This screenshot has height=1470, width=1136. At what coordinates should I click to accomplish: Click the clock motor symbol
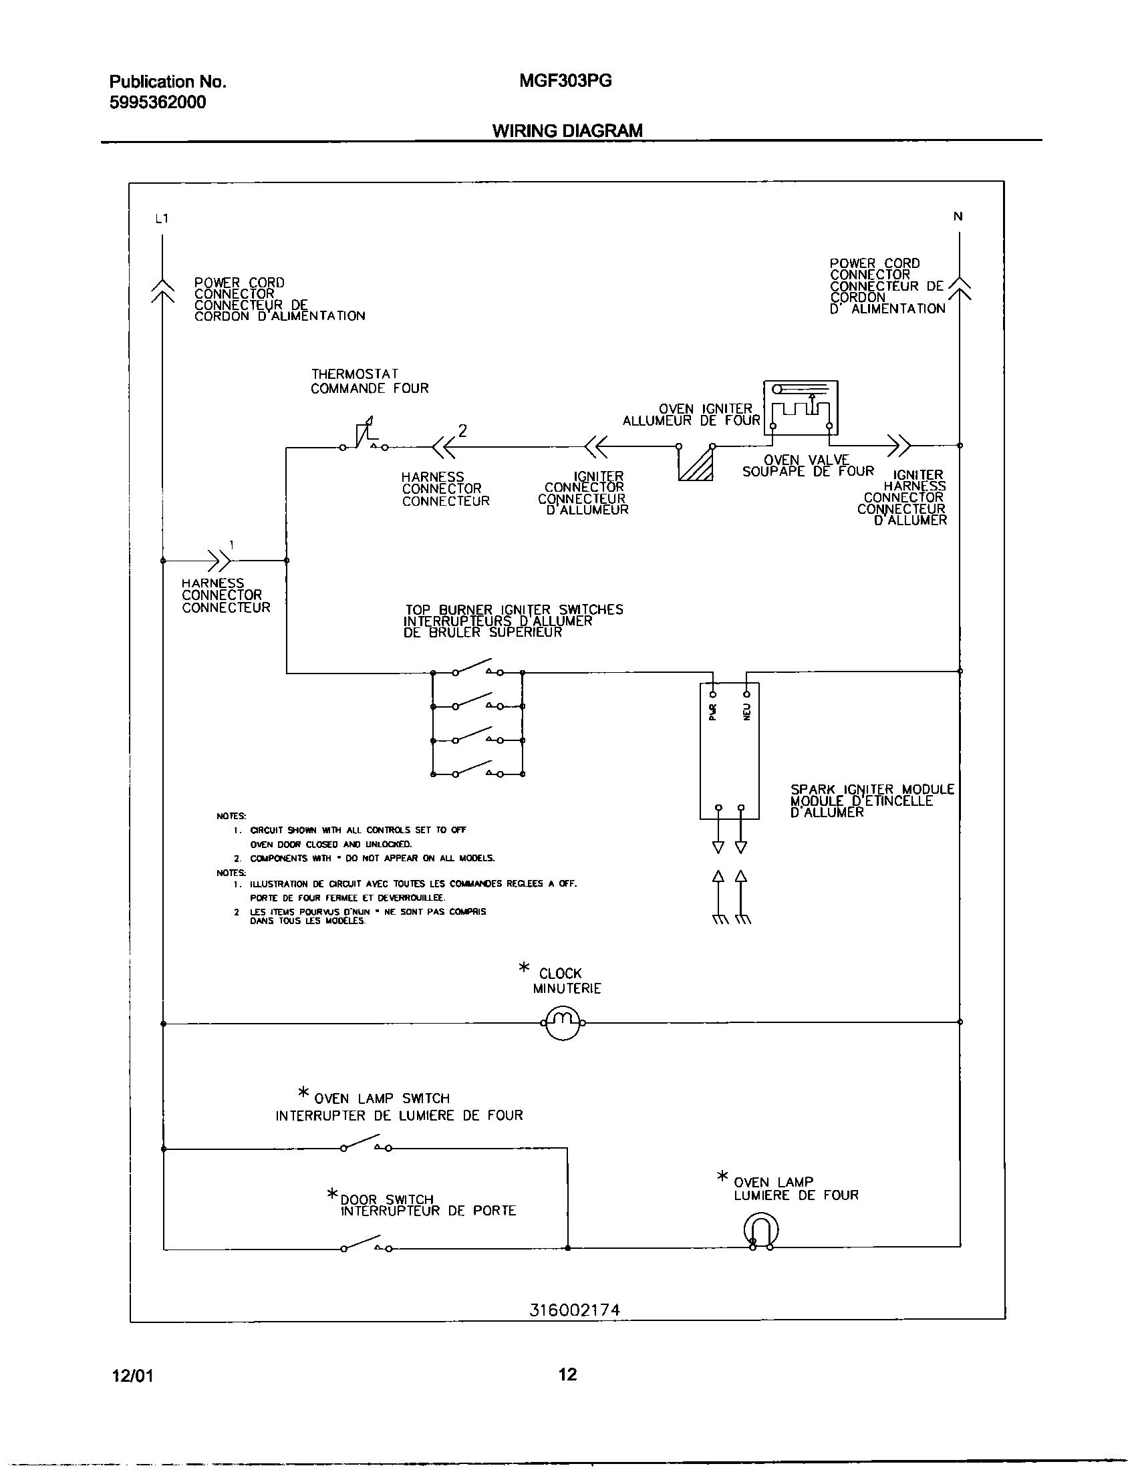[x=562, y=1024]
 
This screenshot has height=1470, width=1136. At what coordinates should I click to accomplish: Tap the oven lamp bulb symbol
[x=761, y=1230]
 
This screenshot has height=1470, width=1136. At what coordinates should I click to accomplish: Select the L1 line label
[x=162, y=218]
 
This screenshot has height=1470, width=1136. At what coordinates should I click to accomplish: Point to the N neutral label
[x=958, y=216]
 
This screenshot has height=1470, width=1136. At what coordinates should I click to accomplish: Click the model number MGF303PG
[x=565, y=81]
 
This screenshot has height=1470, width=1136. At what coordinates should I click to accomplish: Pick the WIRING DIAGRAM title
[x=567, y=130]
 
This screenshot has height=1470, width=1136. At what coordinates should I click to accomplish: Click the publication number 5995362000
[x=158, y=102]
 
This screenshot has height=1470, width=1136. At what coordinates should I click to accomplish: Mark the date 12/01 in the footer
[x=132, y=1376]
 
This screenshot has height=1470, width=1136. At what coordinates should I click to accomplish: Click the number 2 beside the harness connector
[x=462, y=431]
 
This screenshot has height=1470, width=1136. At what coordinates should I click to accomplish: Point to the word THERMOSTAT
[x=355, y=374]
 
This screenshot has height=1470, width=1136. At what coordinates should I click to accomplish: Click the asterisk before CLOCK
[x=525, y=968]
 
